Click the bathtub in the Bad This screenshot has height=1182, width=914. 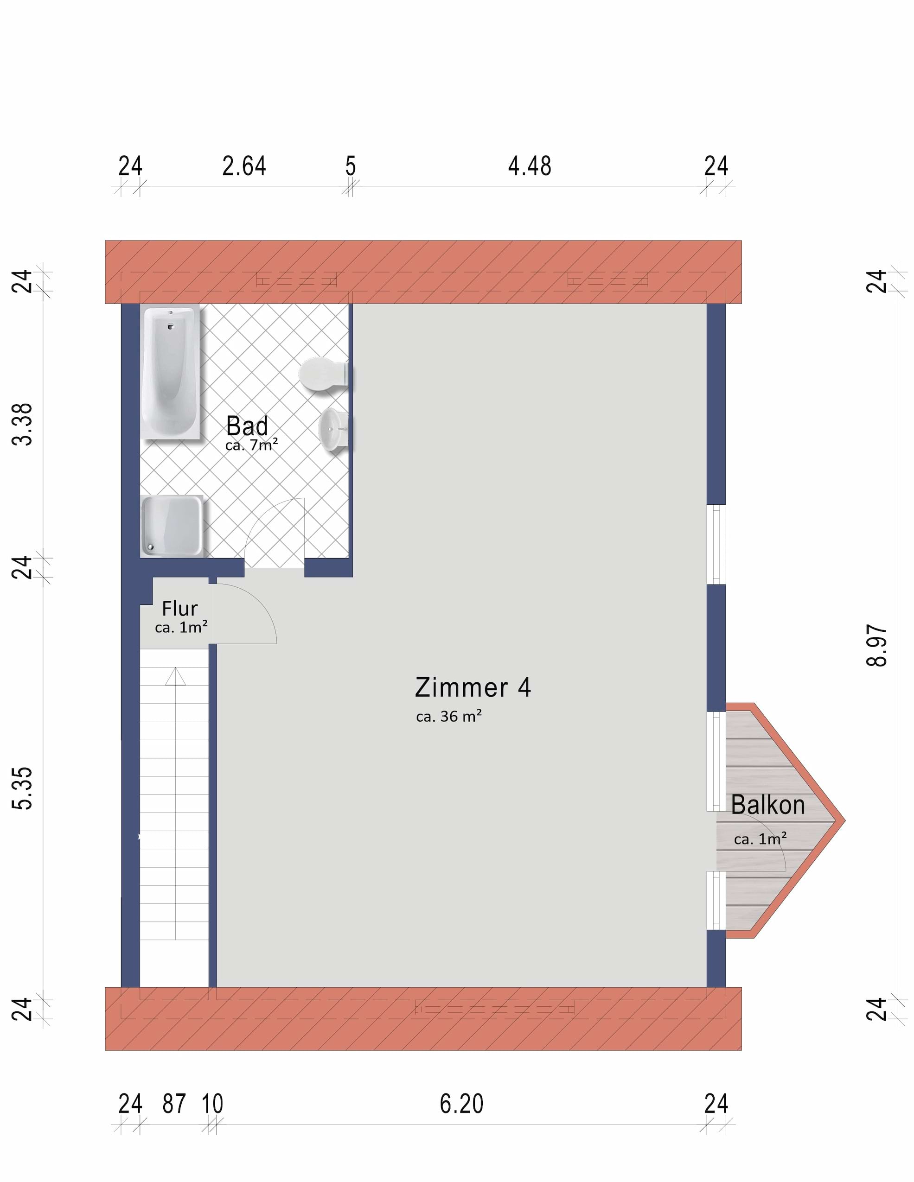click(171, 372)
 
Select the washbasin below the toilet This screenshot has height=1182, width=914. click(333, 430)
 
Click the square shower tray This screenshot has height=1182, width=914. click(172, 526)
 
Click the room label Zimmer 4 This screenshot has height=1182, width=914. click(473, 687)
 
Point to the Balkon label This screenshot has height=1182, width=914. click(768, 804)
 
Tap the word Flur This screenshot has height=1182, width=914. click(180, 608)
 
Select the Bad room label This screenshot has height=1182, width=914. click(247, 426)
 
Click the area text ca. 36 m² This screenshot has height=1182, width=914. click(449, 716)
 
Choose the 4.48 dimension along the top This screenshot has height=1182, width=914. click(530, 165)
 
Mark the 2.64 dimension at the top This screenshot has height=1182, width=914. click(244, 165)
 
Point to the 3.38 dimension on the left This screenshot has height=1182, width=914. click(22, 424)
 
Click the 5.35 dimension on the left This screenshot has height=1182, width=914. click(22, 788)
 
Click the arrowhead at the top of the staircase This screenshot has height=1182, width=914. click(175, 676)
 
